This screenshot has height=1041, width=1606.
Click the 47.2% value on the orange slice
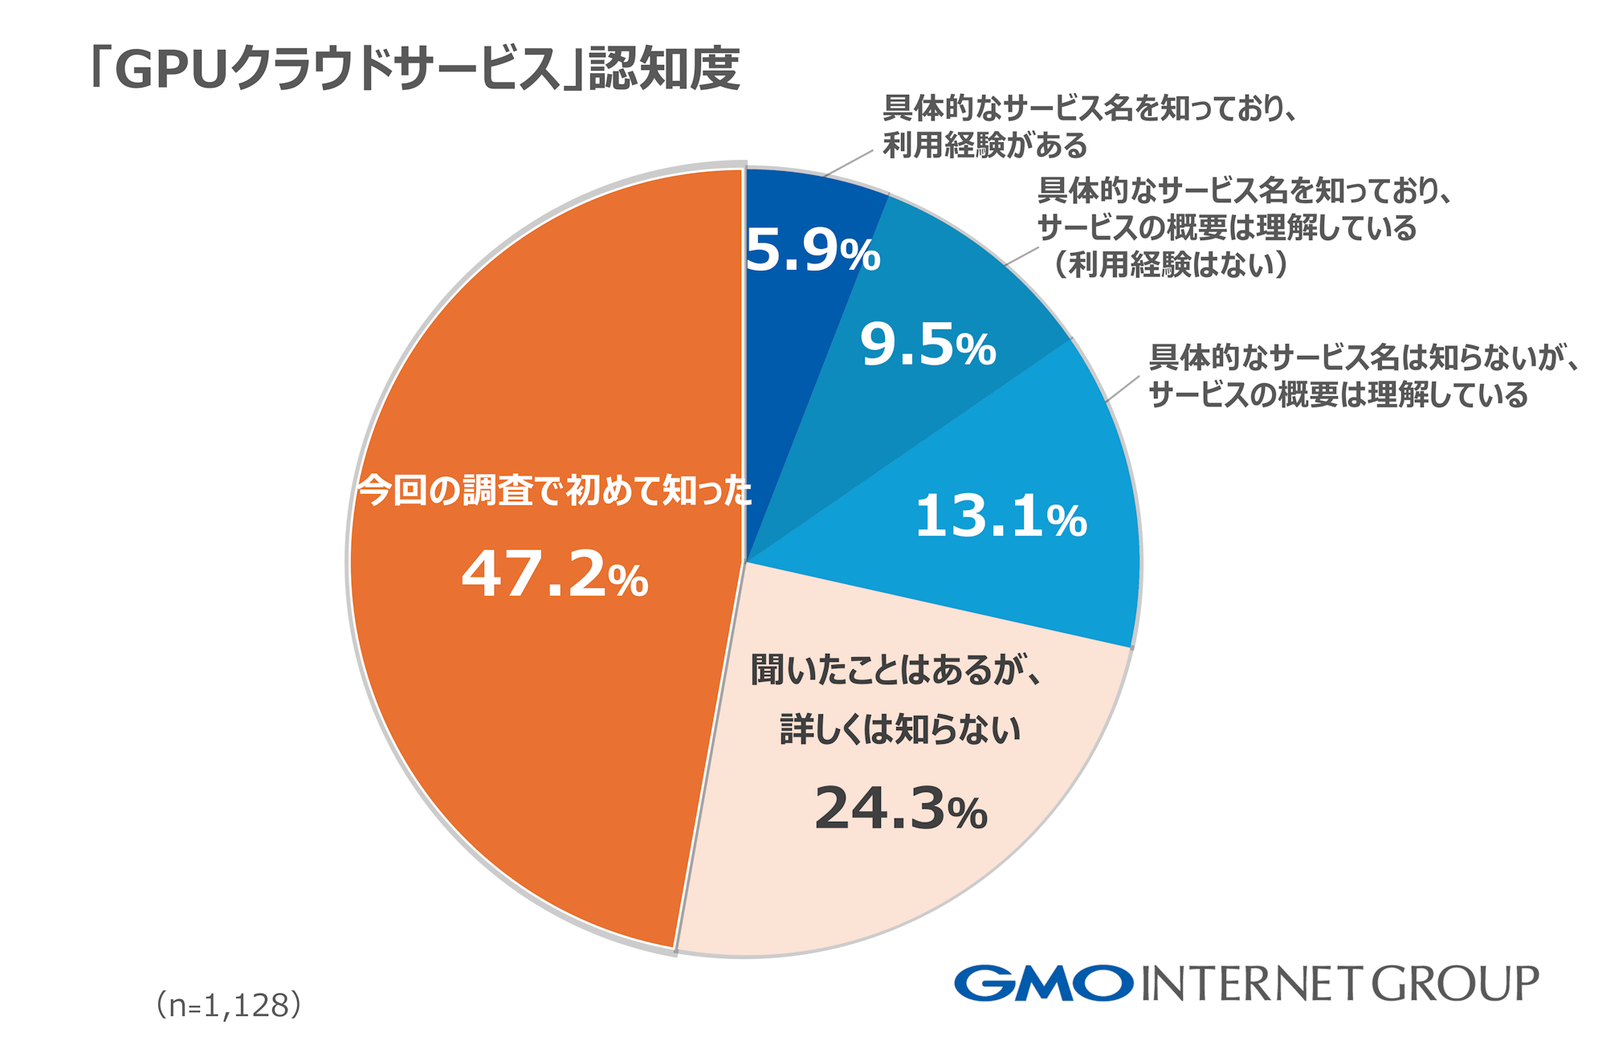(555, 575)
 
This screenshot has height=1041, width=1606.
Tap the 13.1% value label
(1001, 516)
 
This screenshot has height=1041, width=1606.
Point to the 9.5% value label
(927, 345)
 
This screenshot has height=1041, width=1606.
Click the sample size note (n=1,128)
(229, 1005)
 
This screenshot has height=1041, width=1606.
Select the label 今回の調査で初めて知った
(554, 490)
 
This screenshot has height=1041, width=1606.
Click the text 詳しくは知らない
(900, 729)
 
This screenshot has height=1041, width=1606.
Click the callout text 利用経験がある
(984, 145)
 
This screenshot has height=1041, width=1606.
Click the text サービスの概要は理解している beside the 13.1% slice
(1338, 395)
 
